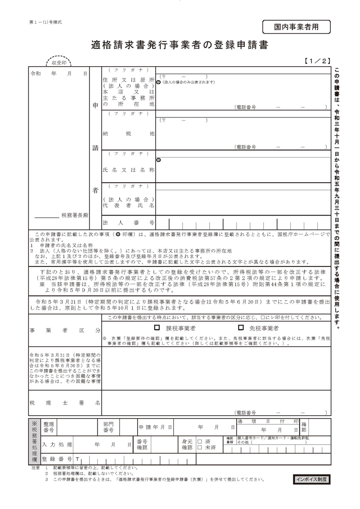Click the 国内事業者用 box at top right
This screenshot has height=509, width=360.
296,27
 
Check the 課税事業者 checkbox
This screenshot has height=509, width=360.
157,328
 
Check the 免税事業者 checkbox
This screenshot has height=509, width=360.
241,328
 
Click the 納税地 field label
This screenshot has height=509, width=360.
129,134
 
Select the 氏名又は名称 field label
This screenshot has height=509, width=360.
129,170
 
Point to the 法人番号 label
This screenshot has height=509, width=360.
129,223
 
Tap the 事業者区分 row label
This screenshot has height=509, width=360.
65,330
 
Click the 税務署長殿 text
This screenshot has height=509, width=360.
75,216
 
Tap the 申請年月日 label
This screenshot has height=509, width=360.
155,427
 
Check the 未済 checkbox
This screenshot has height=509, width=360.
200,448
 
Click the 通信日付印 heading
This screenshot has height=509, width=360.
268,422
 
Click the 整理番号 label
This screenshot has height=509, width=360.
48,427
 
